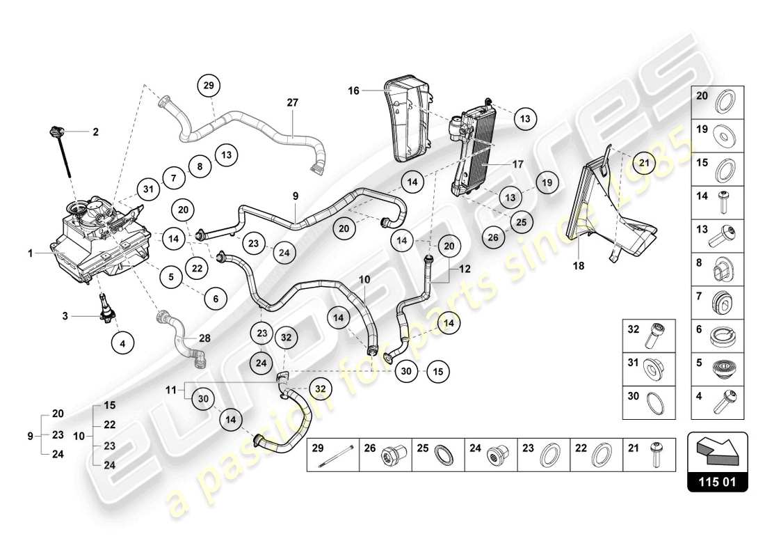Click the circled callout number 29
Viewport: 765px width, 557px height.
(x=209, y=86)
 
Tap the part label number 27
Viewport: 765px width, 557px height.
(x=292, y=102)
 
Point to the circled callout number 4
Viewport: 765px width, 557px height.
(x=122, y=343)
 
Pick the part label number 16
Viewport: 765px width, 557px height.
(x=354, y=90)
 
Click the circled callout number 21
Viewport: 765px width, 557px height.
(x=644, y=164)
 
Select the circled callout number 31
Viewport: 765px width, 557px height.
(x=147, y=188)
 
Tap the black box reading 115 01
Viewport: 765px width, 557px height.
(x=718, y=480)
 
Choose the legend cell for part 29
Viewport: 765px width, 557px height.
(x=333, y=455)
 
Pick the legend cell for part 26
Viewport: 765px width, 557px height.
(x=386, y=455)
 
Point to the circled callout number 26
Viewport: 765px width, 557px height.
(x=493, y=237)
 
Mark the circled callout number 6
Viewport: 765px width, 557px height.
(x=216, y=298)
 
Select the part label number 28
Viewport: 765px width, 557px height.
(x=204, y=338)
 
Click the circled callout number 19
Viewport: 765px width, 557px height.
(x=547, y=182)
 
